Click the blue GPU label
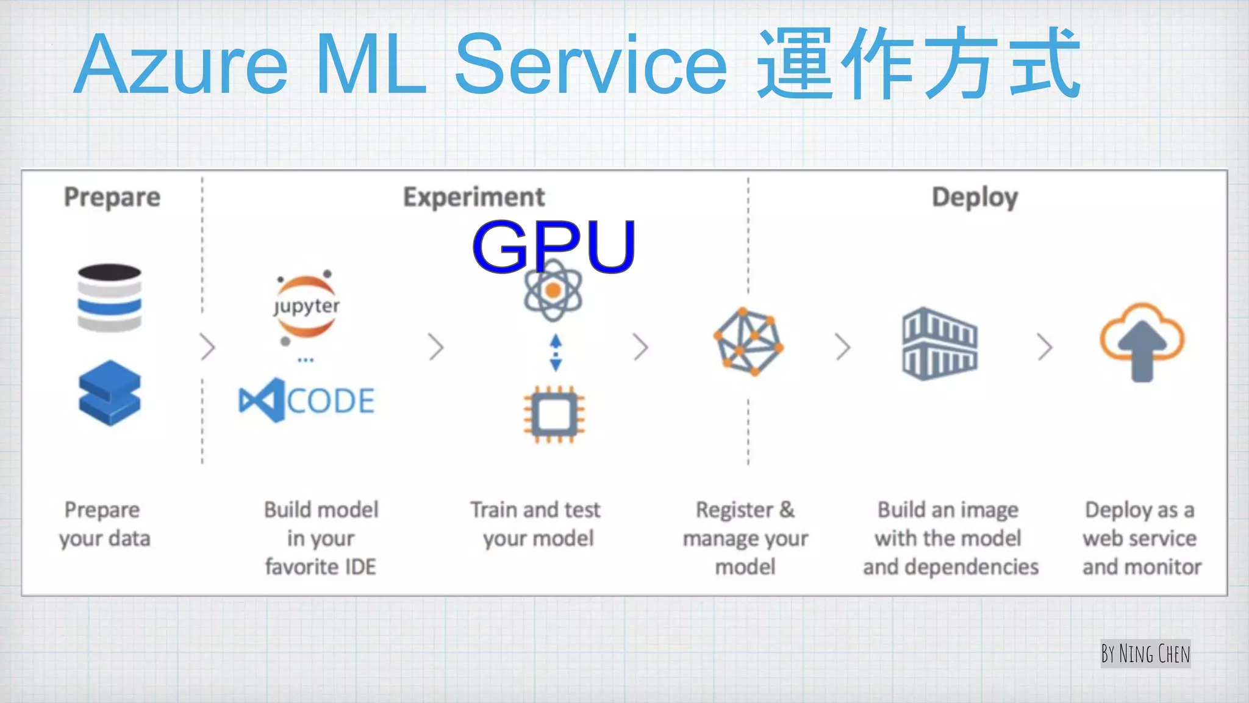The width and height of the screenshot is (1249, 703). pos(554,246)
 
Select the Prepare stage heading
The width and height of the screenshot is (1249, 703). pos(112,197)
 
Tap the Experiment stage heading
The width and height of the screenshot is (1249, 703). pos(474,197)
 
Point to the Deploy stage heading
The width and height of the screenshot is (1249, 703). pos(975,198)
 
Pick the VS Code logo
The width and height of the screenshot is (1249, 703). pos(306,400)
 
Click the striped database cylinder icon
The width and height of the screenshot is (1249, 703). pos(110,298)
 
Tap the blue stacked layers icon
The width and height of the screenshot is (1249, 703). pos(110,392)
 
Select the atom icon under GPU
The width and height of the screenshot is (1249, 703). pos(553,291)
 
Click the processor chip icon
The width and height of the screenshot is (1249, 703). pos(554,414)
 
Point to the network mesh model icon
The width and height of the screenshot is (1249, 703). pos(749,342)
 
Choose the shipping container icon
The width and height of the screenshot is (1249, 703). pos(940,344)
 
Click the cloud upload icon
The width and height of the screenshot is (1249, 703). pos(1142,342)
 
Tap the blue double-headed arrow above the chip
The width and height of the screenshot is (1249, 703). pos(556,353)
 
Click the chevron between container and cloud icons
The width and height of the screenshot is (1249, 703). pos(1045,347)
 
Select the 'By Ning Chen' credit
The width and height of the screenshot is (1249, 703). pos(1145,654)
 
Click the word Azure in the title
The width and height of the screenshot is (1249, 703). pos(182,65)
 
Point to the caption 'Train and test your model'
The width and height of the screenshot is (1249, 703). pos(536,524)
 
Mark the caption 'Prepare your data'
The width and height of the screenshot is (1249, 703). pos(104,524)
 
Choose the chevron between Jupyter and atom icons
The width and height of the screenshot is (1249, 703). pos(435,347)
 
